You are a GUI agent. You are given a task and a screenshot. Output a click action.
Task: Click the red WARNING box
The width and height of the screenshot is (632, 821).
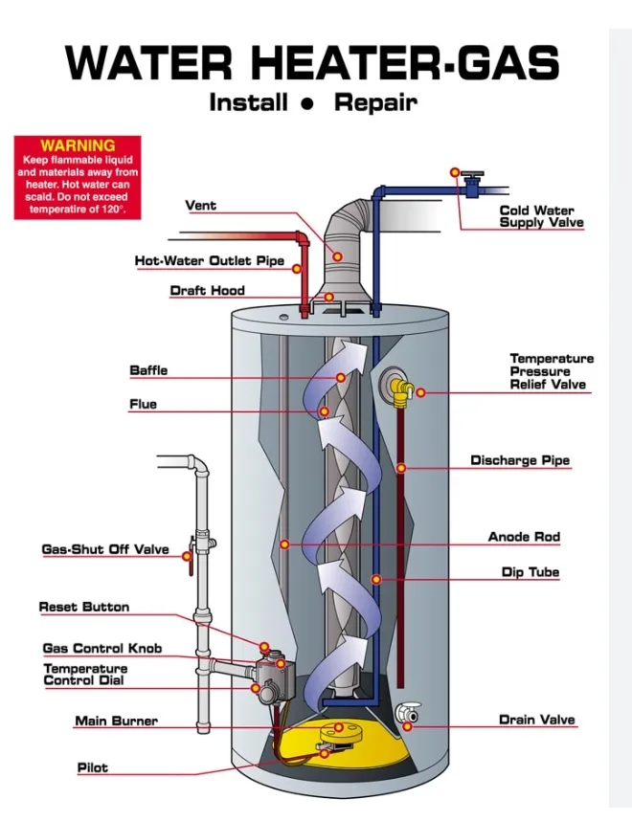pyautogui.click(x=78, y=178)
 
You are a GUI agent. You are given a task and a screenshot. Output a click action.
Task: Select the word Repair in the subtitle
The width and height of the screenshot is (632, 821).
pyautogui.click(x=375, y=102)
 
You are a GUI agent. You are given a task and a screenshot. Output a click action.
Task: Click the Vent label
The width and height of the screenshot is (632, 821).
pyautogui.click(x=201, y=206)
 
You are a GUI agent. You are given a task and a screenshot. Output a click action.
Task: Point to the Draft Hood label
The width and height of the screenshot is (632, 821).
pyautogui.click(x=208, y=291)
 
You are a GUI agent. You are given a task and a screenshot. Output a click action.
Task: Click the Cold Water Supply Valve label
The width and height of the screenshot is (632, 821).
pyautogui.click(x=541, y=216)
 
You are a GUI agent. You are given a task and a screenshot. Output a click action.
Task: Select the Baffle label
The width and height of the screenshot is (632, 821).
pyautogui.click(x=148, y=371)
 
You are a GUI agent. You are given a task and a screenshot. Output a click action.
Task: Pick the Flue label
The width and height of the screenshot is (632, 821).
pyautogui.click(x=143, y=405)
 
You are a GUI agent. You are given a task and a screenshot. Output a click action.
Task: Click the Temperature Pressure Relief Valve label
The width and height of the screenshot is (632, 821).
pyautogui.click(x=551, y=371)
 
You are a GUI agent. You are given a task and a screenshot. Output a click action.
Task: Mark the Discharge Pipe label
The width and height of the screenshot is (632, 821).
pyautogui.click(x=520, y=461)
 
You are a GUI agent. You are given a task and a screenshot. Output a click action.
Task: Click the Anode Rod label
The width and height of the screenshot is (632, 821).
pyautogui.click(x=524, y=538)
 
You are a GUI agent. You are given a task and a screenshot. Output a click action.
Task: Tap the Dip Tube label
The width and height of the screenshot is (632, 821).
pyautogui.click(x=530, y=573)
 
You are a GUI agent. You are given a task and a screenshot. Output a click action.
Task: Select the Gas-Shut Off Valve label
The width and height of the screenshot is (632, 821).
pyautogui.click(x=105, y=550)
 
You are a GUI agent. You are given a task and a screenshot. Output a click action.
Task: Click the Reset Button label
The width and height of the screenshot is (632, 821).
pyautogui.click(x=84, y=608)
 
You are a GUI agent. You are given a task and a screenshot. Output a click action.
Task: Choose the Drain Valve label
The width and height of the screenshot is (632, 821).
pyautogui.click(x=537, y=721)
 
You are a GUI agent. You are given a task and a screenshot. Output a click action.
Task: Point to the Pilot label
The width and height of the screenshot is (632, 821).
pyautogui.click(x=93, y=768)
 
